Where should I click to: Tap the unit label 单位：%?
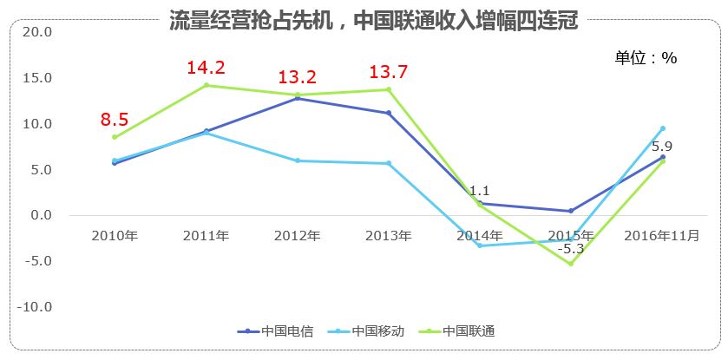tap(645, 58)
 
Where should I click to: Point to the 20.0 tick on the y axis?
tap(37, 32)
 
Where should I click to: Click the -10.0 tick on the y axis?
tap(36, 307)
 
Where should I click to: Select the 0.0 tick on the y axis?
tap(42, 215)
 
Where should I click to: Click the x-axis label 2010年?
tap(114, 235)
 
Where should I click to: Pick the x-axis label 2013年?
tap(388, 235)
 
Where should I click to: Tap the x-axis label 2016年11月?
tap(662, 235)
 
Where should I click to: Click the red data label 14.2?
tap(206, 67)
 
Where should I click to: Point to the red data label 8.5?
tap(114, 118)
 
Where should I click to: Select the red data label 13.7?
tap(388, 72)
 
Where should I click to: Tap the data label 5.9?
tap(663, 147)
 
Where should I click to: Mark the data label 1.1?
tap(480, 190)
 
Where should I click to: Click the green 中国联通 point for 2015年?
tap(571, 264)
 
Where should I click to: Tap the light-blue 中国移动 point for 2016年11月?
tap(663, 128)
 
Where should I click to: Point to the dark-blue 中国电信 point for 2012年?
tap(297, 98)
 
